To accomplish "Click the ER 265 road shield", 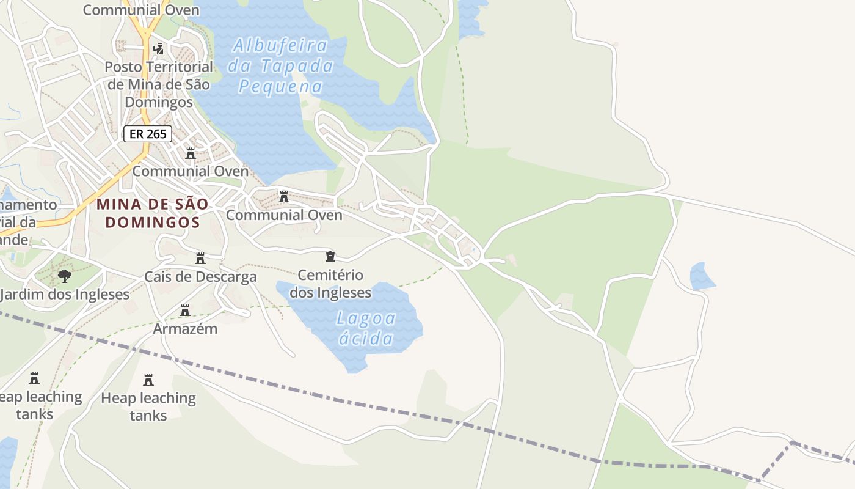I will (x=148, y=134).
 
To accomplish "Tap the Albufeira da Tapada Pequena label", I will (x=281, y=65).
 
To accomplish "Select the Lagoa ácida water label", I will (x=366, y=328).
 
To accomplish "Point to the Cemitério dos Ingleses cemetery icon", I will (x=330, y=256).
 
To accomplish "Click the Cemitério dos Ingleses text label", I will (x=330, y=284).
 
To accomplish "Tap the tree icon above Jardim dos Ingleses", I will (x=65, y=276).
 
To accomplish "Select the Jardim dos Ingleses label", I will (x=65, y=295).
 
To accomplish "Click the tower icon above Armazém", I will (x=185, y=311).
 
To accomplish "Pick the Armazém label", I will (x=185, y=329).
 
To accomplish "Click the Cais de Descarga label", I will (x=200, y=277).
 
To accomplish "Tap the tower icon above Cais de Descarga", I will (x=200, y=259).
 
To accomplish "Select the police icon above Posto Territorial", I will (x=159, y=48).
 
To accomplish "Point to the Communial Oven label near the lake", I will (x=284, y=215).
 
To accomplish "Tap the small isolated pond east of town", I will (x=702, y=277).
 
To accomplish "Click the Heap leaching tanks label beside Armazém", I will (x=148, y=406).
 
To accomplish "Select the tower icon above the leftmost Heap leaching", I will (x=34, y=378).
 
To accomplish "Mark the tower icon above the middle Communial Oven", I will (x=191, y=153).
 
